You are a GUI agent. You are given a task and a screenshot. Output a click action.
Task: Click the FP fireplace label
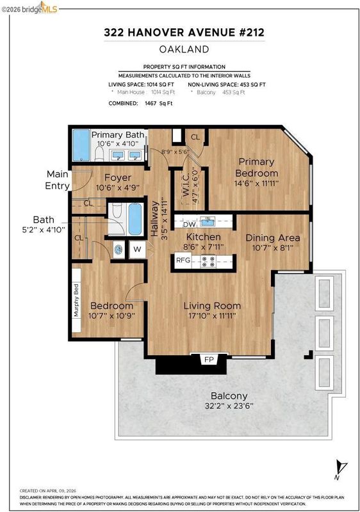point(209,360)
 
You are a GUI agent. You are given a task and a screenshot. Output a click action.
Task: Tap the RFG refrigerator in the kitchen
point(183,260)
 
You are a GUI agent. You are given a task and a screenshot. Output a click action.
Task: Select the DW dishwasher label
point(189,225)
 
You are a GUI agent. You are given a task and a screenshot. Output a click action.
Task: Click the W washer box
point(137,250)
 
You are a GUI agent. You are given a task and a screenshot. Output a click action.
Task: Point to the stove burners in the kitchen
point(208,261)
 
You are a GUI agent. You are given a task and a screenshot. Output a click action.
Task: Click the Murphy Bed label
point(76,300)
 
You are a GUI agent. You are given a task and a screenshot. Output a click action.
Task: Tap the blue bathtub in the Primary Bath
point(81,145)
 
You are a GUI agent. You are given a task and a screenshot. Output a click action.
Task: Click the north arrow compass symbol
point(341,468)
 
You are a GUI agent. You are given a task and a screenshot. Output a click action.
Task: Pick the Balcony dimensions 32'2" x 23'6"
point(229,406)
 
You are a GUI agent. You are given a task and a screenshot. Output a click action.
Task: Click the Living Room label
point(212,306)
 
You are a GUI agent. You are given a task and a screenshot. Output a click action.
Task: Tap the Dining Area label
point(272,237)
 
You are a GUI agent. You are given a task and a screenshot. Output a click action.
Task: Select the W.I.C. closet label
point(186,186)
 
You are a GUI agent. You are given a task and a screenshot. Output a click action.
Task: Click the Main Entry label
point(58,180)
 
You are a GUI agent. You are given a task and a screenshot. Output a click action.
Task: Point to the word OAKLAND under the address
point(184,49)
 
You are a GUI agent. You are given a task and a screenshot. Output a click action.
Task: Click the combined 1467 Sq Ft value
point(158,103)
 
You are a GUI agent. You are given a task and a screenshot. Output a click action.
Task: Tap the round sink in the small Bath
point(119,250)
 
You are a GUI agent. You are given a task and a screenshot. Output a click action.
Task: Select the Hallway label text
point(154,218)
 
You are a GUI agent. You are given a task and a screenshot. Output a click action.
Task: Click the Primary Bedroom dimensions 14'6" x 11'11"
point(256,183)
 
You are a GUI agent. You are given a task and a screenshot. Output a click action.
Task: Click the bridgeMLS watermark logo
point(29,9)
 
